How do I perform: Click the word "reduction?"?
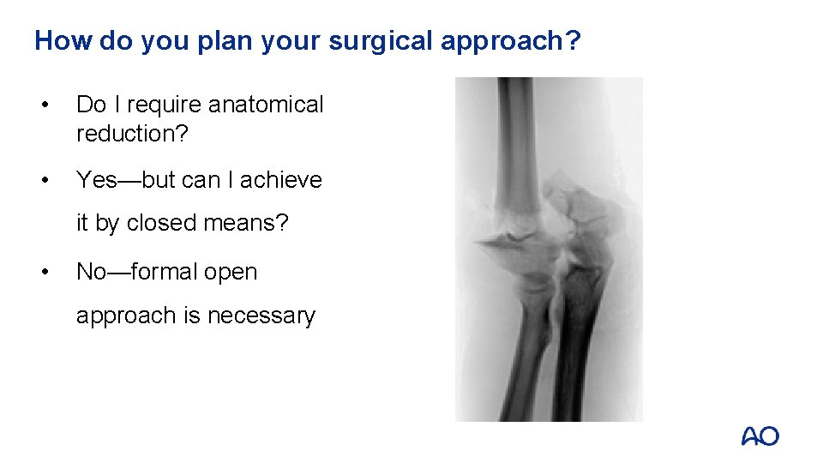point(132,134)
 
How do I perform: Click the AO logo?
point(760,436)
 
